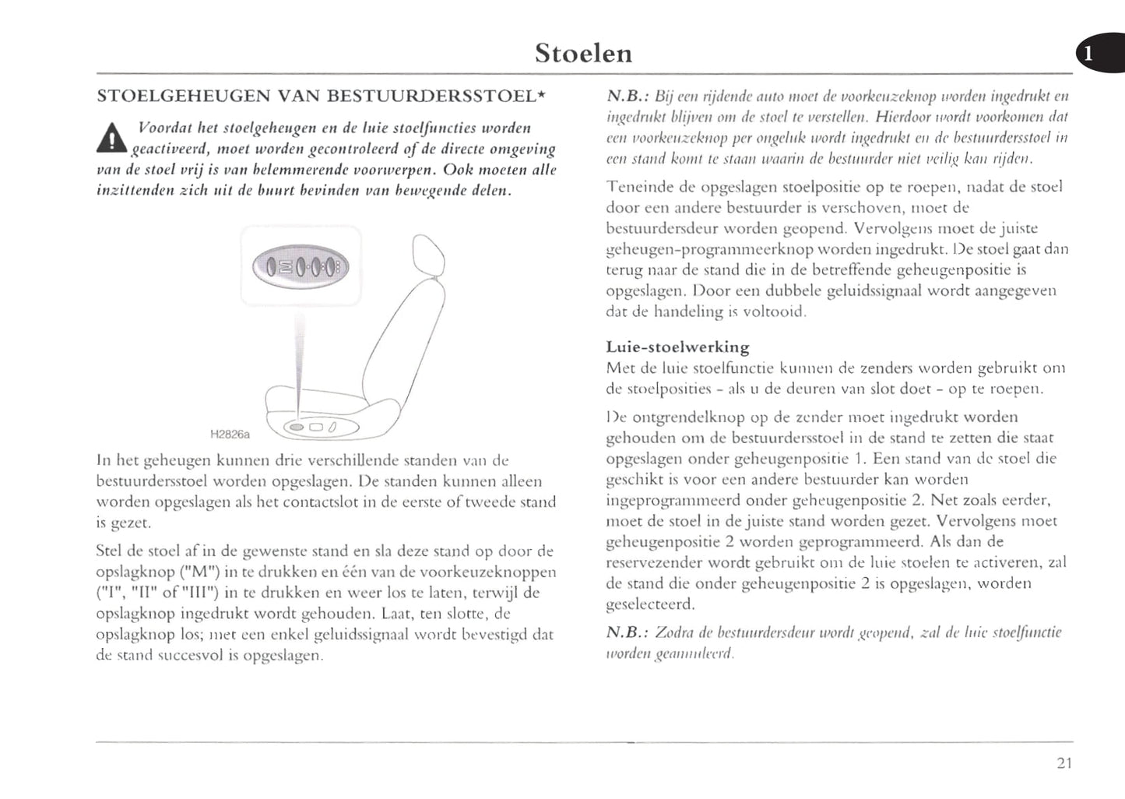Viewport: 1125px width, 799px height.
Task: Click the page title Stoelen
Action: click(583, 53)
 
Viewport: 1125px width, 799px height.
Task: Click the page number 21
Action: click(1064, 763)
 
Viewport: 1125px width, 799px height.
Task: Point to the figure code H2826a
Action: click(230, 434)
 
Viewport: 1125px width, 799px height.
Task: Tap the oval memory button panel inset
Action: click(301, 267)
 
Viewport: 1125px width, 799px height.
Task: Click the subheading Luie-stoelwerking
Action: click(677, 347)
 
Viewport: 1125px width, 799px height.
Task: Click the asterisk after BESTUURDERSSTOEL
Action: click(541, 95)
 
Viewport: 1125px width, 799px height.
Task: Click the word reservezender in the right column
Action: click(654, 562)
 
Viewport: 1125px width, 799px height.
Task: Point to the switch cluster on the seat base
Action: click(311, 427)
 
